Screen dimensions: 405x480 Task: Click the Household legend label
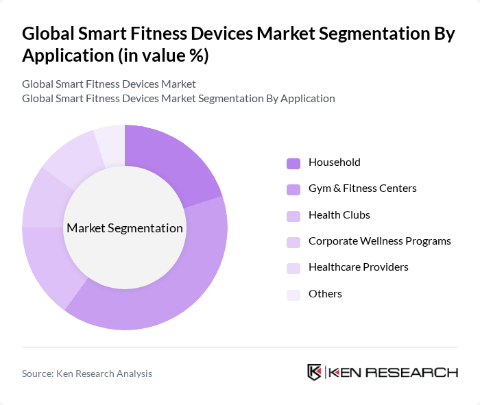[334, 162]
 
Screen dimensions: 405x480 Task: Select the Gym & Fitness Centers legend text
[362, 188]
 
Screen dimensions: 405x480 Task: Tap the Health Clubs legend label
[339, 214]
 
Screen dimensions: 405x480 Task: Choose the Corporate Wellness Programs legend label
[379, 241]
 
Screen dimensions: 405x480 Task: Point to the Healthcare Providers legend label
[358, 267]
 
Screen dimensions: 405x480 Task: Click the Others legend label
[325, 293]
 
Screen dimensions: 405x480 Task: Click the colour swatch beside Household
[293, 163]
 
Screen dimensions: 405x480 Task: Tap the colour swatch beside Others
[293, 294]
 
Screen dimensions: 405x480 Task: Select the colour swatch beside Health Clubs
[293, 215]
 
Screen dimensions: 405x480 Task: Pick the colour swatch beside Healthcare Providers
[293, 268]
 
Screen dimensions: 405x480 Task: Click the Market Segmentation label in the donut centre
[125, 228]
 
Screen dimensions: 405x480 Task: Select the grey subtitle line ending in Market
[109, 84]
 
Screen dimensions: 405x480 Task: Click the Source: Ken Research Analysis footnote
[87, 373]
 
